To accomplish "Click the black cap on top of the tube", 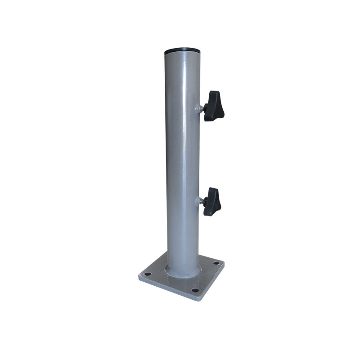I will [183, 51].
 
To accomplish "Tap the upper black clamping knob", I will [212, 106].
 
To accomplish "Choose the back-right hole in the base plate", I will [216, 263].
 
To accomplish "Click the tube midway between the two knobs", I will [182, 153].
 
